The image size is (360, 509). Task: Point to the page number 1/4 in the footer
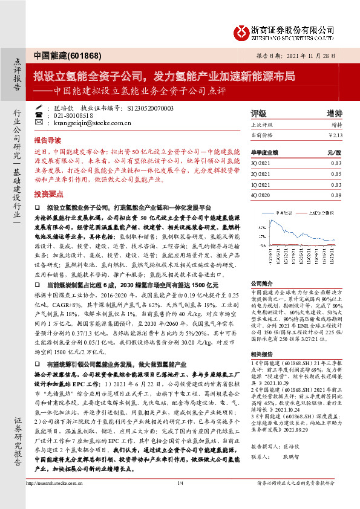coord(180,500)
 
